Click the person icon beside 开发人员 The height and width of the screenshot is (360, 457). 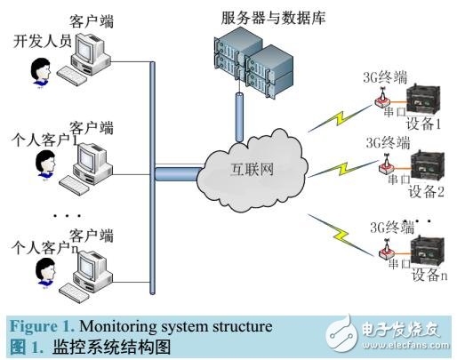tap(40, 71)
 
